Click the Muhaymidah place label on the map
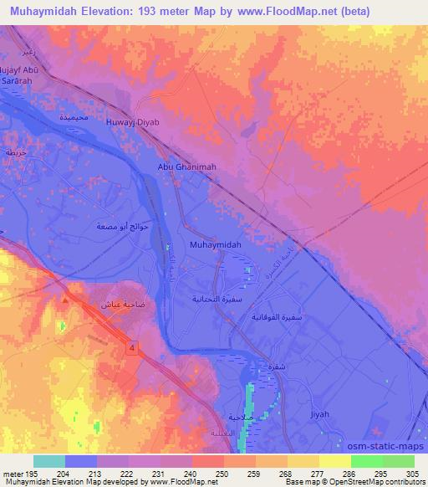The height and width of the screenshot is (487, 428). [216, 243]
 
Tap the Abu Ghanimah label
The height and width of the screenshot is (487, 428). [187, 167]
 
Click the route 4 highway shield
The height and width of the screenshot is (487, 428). [132, 346]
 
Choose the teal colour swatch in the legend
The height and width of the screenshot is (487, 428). [49, 461]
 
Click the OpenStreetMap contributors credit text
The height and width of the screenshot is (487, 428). [371, 482]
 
